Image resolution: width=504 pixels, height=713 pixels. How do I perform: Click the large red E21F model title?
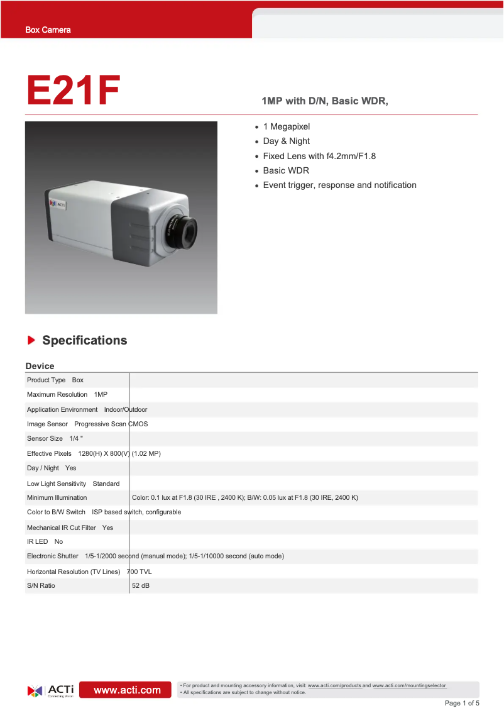pos(73,91)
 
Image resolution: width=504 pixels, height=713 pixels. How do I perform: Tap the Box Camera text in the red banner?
pos(48,30)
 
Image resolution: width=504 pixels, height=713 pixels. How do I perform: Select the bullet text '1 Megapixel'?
pos(286,126)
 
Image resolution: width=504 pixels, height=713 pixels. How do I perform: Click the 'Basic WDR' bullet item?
pos(286,170)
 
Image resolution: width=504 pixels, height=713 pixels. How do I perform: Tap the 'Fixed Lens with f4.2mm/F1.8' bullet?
pos(319,156)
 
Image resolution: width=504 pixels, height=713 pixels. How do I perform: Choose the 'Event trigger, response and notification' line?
pos(339,185)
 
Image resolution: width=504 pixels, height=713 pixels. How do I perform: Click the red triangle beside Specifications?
pos(31,340)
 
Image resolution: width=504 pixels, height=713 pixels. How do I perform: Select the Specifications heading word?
pos(84,340)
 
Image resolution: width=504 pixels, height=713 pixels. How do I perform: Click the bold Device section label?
pos(40,366)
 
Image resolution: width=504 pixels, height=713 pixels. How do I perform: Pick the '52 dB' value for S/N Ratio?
pos(141,586)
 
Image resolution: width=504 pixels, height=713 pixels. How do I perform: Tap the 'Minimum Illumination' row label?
pos(57,497)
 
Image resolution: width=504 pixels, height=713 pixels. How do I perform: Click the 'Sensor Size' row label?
pos(45,438)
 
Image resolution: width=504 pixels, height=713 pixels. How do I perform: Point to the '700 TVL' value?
pos(140,572)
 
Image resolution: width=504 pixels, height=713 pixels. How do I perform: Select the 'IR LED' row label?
pos(37,541)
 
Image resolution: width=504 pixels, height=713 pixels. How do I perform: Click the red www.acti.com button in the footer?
pos(127,690)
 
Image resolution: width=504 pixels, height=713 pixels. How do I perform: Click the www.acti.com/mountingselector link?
pos(409,685)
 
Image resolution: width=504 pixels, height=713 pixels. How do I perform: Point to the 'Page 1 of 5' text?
pos(462,703)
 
